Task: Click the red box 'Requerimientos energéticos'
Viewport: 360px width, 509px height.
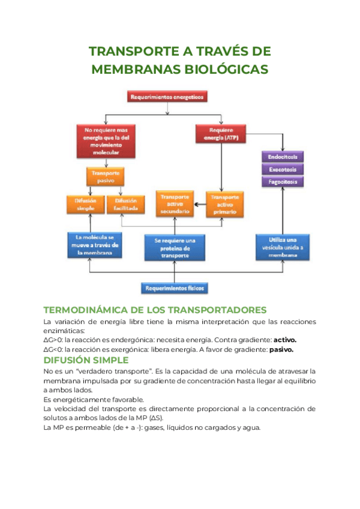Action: pyautogui.click(x=167, y=96)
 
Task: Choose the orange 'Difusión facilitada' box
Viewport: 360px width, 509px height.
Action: pyautogui.click(x=126, y=204)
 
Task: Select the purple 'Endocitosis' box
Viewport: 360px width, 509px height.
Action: pyautogui.click(x=282, y=157)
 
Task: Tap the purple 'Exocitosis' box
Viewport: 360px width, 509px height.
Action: pyautogui.click(x=282, y=169)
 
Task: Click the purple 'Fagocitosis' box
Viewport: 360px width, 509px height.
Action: pyautogui.click(x=282, y=181)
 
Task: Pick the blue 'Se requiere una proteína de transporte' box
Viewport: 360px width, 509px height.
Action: pyautogui.click(x=175, y=247)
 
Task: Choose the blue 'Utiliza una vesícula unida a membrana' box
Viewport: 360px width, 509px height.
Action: pyautogui.click(x=282, y=247)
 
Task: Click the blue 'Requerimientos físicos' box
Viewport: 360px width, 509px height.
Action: pyautogui.click(x=174, y=289)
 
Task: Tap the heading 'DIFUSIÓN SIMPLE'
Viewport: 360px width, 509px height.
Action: pyautogui.click(x=86, y=360)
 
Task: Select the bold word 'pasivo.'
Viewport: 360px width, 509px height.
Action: pyautogui.click(x=281, y=349)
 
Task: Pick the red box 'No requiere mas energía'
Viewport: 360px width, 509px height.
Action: pyautogui.click(x=106, y=140)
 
